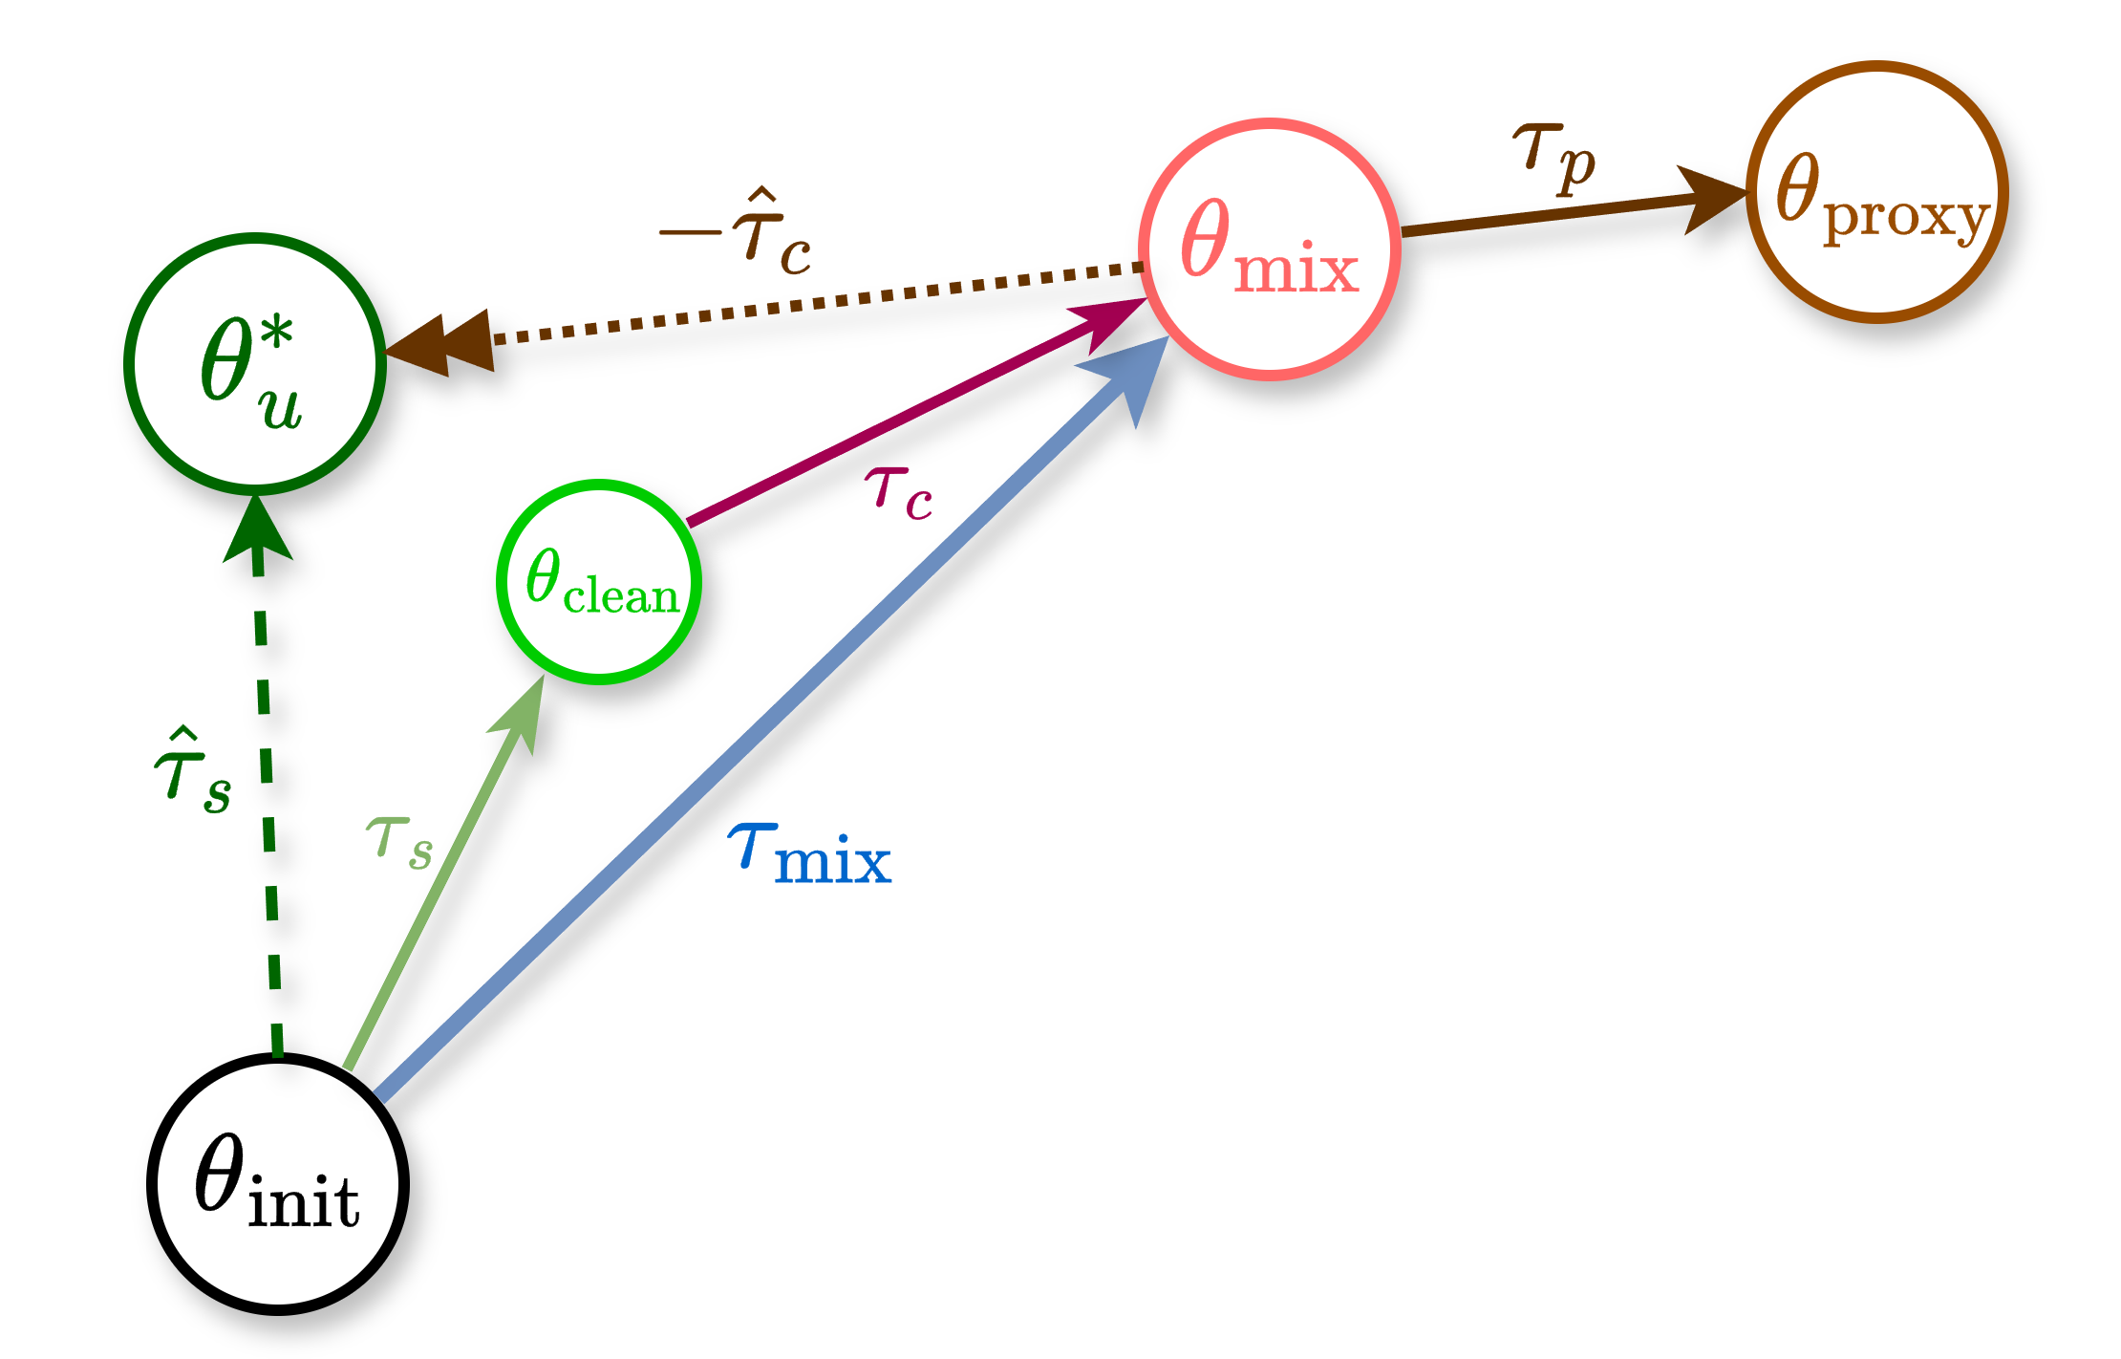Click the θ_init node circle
(277, 1183)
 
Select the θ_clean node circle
(599, 582)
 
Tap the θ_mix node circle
(1269, 249)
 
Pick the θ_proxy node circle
(1876, 192)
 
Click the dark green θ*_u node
(254, 364)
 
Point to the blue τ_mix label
(810, 853)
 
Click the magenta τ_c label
(898, 493)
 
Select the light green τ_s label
(399, 841)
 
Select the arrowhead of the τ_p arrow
(1710, 198)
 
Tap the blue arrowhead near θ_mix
(1132, 377)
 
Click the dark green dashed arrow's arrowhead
(257, 530)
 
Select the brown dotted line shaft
(812, 303)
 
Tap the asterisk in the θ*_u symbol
(276, 335)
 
